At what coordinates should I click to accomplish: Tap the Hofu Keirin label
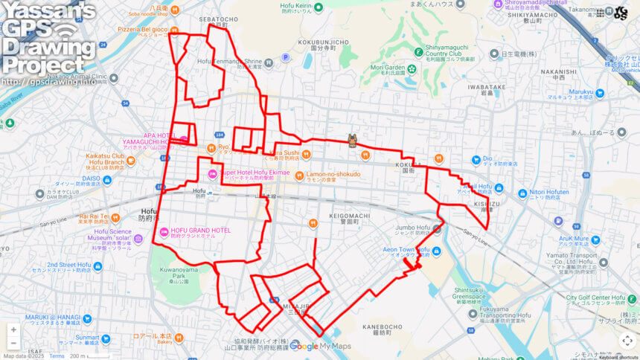coord(295,7)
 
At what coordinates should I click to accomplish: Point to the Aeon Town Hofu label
coord(406,251)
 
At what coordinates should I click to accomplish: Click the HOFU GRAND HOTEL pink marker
coord(164,231)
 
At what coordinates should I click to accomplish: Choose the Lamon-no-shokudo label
coord(333,174)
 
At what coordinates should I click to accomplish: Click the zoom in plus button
coord(13,330)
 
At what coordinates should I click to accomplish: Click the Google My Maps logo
coord(319,346)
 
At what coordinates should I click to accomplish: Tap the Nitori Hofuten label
coord(548,191)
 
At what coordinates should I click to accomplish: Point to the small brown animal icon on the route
coord(352,141)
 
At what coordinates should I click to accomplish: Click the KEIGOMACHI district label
coord(343,214)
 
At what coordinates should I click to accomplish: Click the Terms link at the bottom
coord(57,356)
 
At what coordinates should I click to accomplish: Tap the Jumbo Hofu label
coord(414,229)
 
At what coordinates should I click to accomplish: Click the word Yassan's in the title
coord(48,10)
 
